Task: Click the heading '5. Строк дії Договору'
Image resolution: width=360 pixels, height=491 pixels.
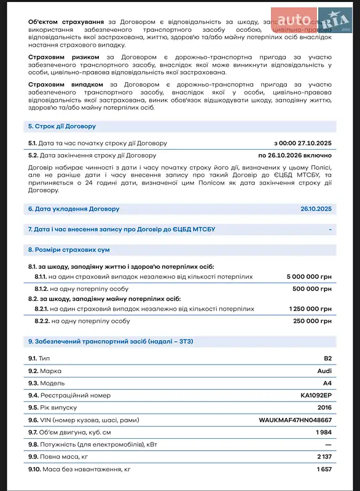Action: click(62, 126)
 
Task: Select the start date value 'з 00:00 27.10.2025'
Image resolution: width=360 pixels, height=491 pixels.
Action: click(302, 143)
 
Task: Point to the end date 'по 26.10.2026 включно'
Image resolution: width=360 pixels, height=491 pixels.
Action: click(295, 155)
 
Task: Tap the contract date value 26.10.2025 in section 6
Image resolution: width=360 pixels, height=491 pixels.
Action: click(316, 209)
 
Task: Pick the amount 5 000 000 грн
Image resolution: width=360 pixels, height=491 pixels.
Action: click(309, 277)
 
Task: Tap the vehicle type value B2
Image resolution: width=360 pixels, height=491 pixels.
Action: click(327, 358)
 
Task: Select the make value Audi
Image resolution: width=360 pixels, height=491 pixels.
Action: click(324, 371)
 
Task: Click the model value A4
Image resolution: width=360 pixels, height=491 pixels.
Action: click(327, 383)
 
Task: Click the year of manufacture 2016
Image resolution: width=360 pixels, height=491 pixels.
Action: click(324, 408)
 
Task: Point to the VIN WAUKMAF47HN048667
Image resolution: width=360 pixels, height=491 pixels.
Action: click(295, 420)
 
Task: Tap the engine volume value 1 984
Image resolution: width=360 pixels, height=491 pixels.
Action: click(323, 433)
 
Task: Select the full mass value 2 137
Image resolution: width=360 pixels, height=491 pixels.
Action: click(324, 457)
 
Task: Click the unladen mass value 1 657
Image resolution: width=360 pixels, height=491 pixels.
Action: click(324, 470)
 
